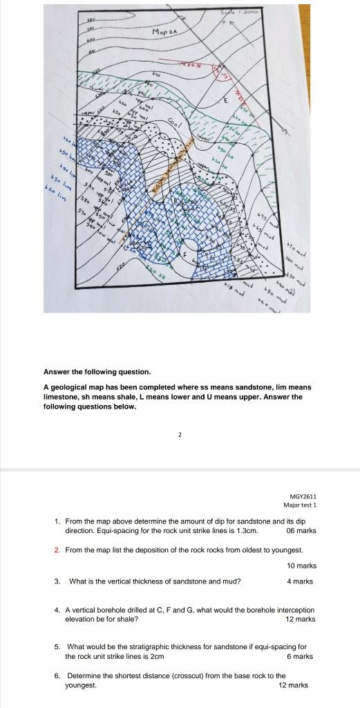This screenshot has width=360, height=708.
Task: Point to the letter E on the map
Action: tap(225, 101)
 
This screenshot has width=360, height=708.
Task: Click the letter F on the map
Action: tap(184, 254)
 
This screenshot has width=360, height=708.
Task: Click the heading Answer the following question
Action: tap(93, 371)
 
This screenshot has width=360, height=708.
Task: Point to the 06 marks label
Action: tap(301, 530)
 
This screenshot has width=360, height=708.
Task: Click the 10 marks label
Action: tap(301, 566)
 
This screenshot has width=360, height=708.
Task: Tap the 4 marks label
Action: tap(300, 581)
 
